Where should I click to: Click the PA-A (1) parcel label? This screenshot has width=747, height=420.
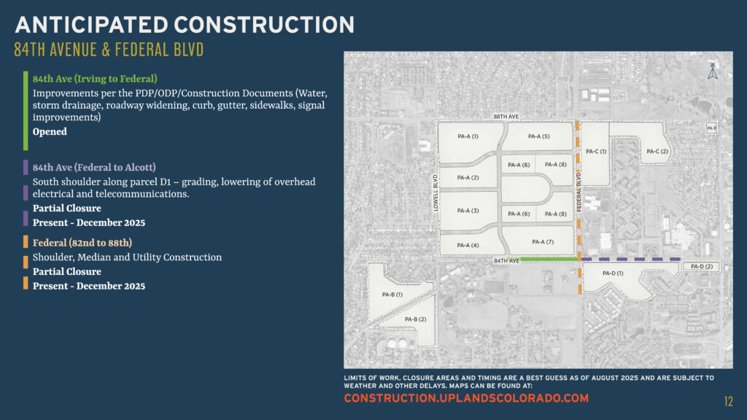(468, 136)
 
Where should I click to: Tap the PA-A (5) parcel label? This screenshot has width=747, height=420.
(538, 136)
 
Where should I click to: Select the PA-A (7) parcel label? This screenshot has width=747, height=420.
(543, 241)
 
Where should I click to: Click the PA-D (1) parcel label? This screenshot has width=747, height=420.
(613, 273)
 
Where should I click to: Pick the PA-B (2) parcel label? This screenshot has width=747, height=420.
(415, 319)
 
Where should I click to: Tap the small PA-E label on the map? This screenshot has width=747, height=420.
(711, 128)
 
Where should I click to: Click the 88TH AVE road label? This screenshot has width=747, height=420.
(506, 117)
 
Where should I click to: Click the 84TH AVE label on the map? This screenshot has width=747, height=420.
(506, 260)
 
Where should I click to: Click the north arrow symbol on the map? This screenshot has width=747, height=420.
(713, 71)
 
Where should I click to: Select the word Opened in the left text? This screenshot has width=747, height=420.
(50, 132)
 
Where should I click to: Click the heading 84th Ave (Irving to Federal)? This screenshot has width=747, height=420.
(95, 78)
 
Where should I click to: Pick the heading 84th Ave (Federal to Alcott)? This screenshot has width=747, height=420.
(94, 167)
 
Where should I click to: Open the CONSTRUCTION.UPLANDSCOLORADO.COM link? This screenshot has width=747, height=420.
(465, 398)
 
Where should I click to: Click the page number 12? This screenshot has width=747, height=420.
(728, 401)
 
